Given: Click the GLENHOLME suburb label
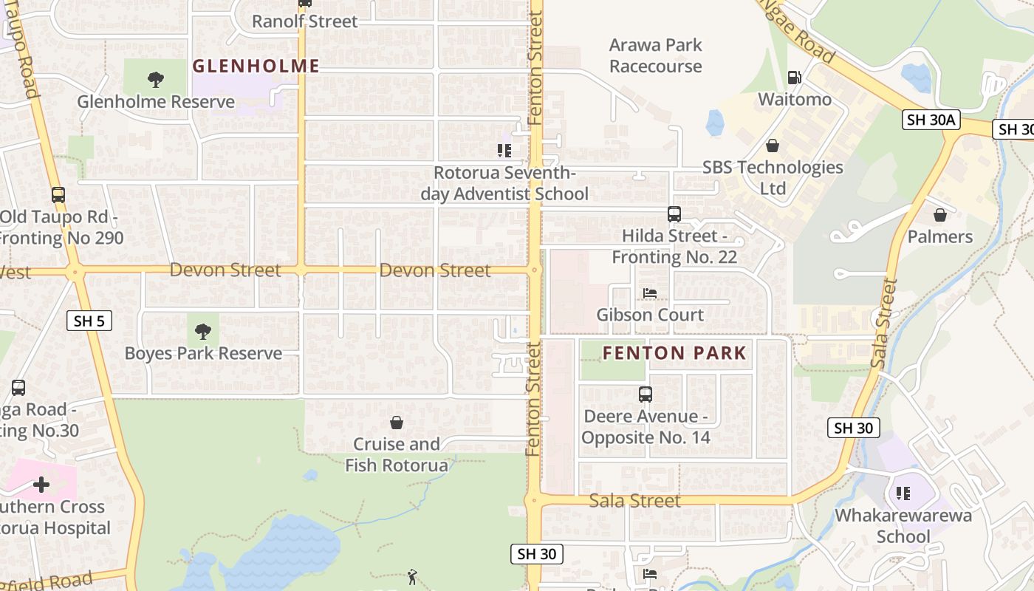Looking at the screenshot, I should [x=256, y=66].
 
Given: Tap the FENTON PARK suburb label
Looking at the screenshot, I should [x=674, y=353].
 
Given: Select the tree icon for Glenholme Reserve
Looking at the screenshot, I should [x=155, y=80].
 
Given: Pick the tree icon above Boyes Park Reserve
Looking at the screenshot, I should [x=203, y=332].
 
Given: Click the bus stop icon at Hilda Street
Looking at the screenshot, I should [x=674, y=214].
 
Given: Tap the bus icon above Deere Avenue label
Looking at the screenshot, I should [x=646, y=394].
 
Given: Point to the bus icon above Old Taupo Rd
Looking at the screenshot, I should [x=58, y=195].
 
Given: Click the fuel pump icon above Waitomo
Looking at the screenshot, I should [x=794, y=77].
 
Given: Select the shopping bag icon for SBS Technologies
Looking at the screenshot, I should [x=772, y=146].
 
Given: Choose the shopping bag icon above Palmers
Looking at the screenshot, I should [x=940, y=215].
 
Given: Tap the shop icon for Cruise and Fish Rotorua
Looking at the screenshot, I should [x=397, y=423].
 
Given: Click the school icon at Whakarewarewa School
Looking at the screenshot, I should [x=903, y=493].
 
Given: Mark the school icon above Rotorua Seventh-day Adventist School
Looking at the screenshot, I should [x=504, y=151].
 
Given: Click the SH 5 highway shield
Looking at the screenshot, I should [x=89, y=321].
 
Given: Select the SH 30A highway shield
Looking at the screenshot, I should [x=931, y=120].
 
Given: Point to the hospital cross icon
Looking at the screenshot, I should [x=41, y=485].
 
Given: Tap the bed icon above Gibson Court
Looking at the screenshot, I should [x=650, y=293].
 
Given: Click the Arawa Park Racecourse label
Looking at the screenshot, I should [x=655, y=55].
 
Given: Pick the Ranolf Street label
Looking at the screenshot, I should [x=304, y=21].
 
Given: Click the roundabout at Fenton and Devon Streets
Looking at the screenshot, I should [x=535, y=270].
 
